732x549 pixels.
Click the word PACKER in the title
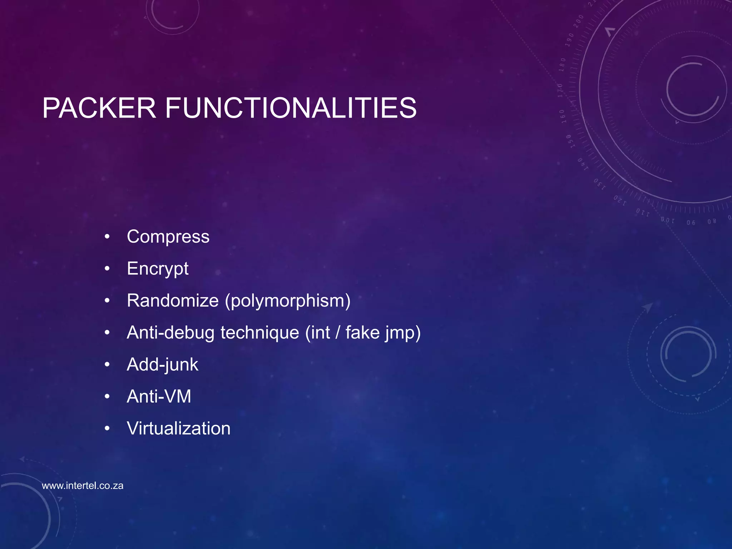(99, 108)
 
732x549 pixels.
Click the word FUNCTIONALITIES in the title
(291, 108)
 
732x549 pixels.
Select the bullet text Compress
(168, 237)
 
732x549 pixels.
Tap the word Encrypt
(158, 269)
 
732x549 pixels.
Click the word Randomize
(173, 300)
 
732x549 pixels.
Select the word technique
(259, 332)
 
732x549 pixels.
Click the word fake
(362, 332)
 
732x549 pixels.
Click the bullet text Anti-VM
(159, 396)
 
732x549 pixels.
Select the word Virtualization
(179, 428)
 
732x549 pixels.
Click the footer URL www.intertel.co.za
(83, 486)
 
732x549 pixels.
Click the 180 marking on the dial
(563, 65)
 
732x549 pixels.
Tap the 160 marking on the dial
(562, 117)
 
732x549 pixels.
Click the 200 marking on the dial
(578, 21)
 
